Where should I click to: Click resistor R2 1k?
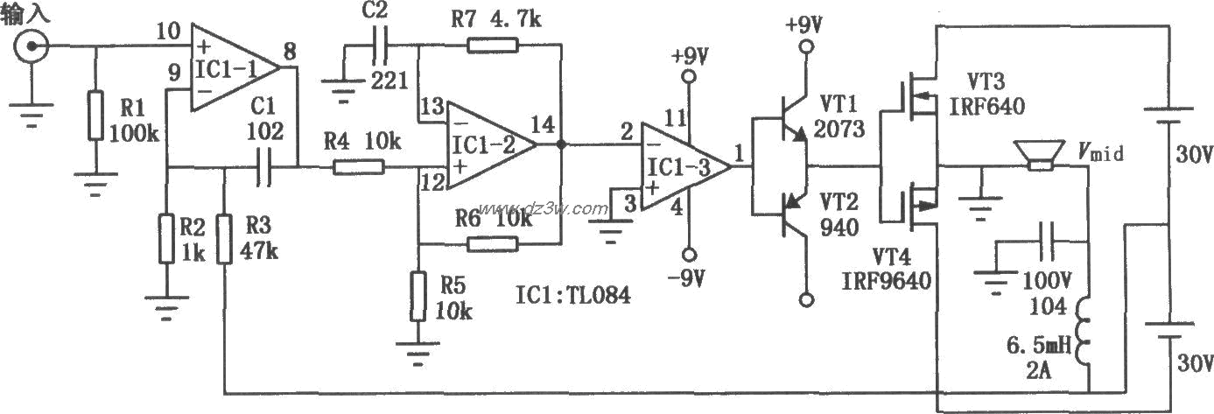click(167, 239)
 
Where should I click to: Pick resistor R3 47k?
click(225, 239)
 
